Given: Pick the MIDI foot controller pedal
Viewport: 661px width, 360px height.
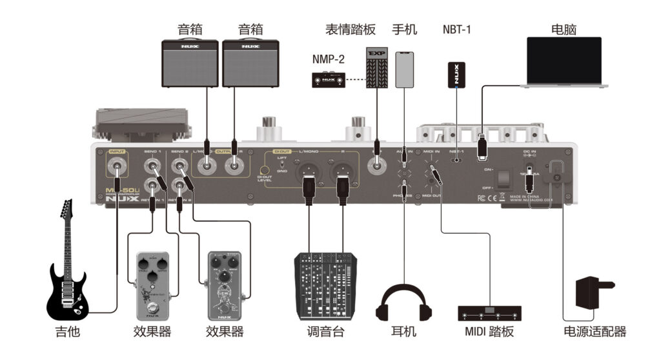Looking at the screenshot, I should click(x=489, y=314).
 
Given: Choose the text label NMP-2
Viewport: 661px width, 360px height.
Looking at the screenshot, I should click(x=328, y=59).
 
